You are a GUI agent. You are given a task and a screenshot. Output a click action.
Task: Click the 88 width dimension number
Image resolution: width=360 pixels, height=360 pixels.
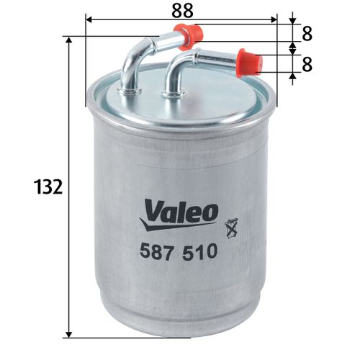[182, 11]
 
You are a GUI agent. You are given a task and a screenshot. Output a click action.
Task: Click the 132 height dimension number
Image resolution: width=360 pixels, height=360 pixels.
[48, 186]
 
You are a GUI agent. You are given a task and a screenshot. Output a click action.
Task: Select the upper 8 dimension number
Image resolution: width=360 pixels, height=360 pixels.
[307, 34]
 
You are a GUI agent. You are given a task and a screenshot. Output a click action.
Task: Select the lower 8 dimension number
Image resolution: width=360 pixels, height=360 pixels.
[307, 64]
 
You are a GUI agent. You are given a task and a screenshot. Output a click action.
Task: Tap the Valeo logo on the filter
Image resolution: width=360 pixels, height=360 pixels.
[179, 215]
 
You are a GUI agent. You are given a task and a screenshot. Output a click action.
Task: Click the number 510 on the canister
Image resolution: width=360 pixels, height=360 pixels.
[199, 251]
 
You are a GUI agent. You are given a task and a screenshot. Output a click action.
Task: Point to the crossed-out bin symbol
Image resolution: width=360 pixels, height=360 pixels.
[231, 228]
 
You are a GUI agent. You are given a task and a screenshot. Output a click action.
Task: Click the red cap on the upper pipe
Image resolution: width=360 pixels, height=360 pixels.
[189, 37]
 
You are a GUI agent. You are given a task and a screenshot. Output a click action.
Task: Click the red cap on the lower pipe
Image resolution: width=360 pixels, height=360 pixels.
[250, 63]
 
